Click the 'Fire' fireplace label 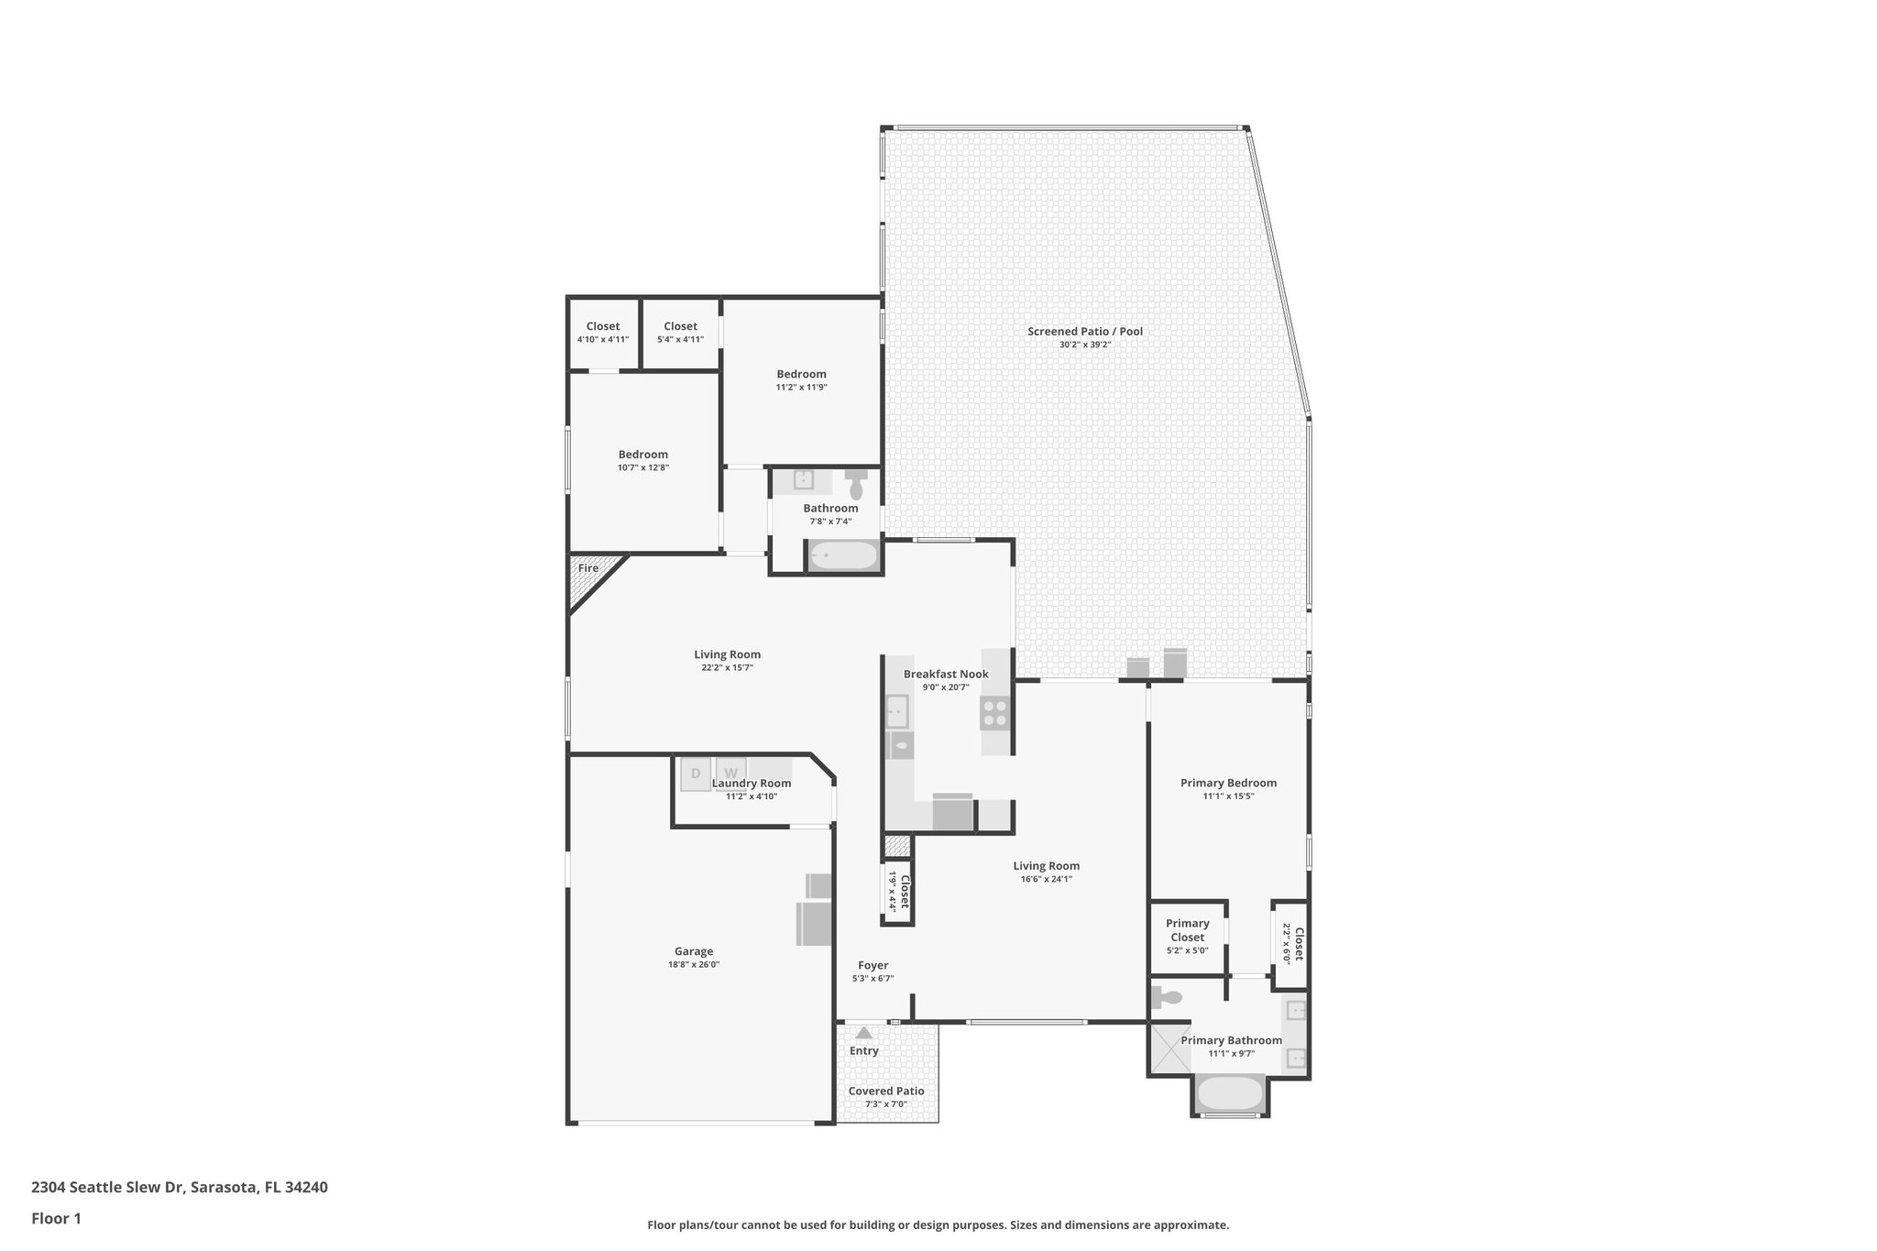point(588,568)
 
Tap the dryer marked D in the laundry point(696,774)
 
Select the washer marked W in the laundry point(730,774)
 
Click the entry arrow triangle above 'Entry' point(863,1033)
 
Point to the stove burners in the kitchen point(994,712)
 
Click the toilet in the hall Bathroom point(856,484)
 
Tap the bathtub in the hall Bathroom point(843,555)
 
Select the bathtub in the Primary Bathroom point(1230,1094)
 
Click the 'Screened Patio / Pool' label point(1084,332)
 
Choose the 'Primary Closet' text point(1187,930)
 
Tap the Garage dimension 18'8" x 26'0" point(693,965)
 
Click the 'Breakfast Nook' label point(946,675)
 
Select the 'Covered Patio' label point(885,1092)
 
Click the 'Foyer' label point(873,965)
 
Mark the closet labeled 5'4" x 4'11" point(680,333)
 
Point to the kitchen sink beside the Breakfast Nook point(896,711)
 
